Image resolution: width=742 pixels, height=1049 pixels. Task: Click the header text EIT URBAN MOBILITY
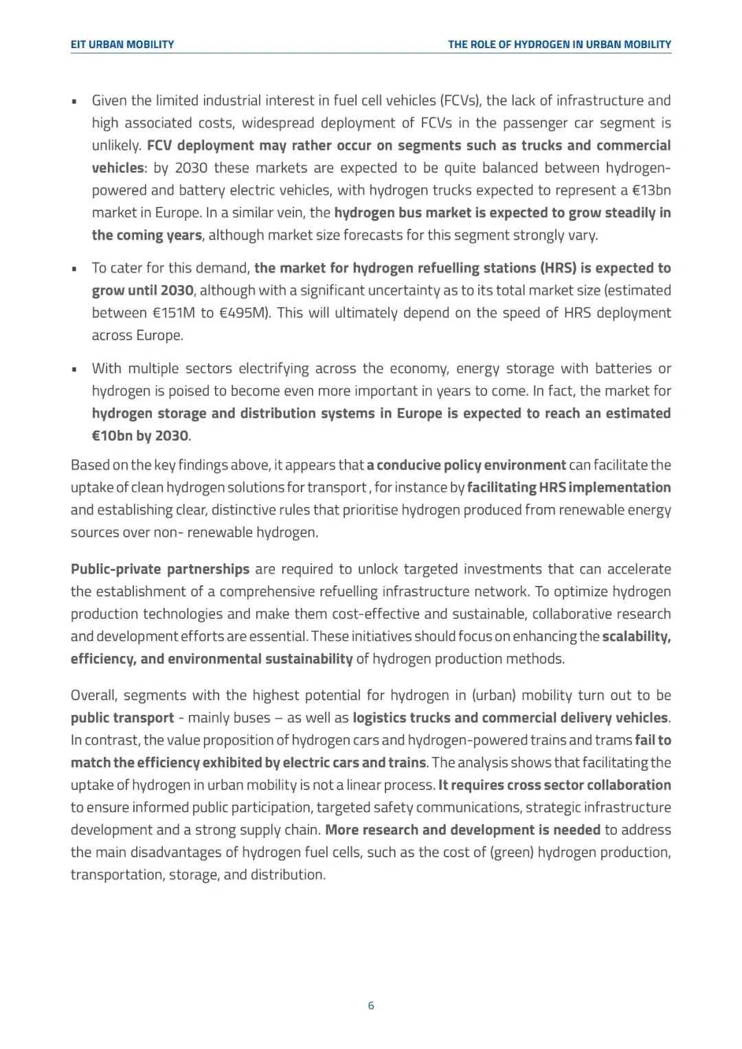click(122, 45)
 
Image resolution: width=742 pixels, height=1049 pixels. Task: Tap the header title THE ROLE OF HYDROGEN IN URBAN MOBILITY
click(559, 45)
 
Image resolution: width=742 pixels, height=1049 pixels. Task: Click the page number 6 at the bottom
click(371, 1006)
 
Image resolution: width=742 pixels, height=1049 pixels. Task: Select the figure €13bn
click(651, 190)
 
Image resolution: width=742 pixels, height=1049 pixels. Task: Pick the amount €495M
click(245, 313)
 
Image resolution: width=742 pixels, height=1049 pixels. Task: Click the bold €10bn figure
click(109, 436)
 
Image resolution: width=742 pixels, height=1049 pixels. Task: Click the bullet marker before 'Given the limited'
click(74, 102)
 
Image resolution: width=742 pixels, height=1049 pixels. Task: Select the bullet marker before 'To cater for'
click(74, 269)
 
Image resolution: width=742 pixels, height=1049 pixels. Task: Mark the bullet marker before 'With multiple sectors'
click(74, 369)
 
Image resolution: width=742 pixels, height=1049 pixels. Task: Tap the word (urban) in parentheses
click(494, 695)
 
